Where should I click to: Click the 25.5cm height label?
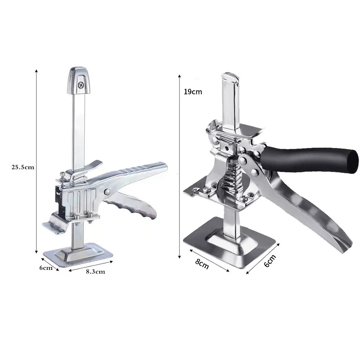[23, 167]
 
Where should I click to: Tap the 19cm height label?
[193, 91]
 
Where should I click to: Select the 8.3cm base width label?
[95, 272]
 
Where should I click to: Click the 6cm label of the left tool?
[46, 267]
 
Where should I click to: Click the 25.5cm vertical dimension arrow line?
[36, 162]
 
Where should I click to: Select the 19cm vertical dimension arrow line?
[180, 166]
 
